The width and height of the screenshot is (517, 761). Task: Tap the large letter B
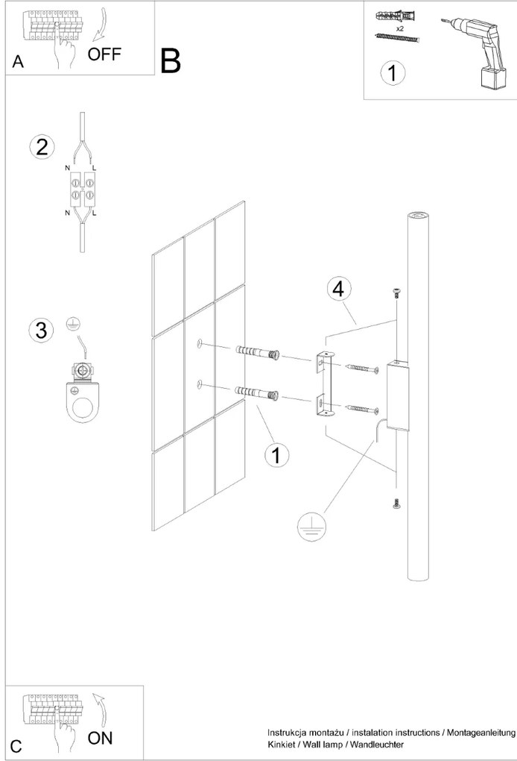pos(171,61)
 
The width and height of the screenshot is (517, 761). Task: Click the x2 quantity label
pos(400,28)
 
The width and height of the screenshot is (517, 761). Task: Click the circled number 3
pos(42,330)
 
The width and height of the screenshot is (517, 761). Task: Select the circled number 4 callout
pos(338,289)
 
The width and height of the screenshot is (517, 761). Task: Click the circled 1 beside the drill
pos(393,73)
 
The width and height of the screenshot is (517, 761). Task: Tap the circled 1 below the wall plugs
pos(276,454)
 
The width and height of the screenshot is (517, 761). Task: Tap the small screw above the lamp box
pos(396,292)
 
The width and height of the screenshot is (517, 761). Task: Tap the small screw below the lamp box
pos(396,504)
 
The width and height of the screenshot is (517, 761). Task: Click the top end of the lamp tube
pos(419,216)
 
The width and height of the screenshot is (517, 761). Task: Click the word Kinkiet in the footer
pos(283,745)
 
